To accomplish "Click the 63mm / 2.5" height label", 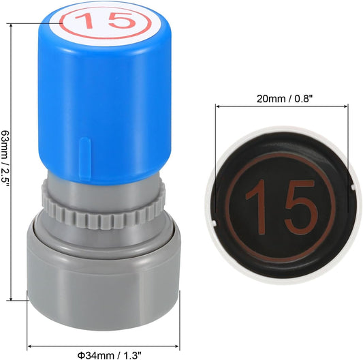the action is [x=5, y=159].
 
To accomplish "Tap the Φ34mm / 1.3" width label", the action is [x=109, y=355].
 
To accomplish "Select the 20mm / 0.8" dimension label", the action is [x=285, y=99].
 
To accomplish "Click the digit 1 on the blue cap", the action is [x=86, y=20].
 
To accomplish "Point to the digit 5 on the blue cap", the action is [x=121, y=20].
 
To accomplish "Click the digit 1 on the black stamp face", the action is [x=256, y=206].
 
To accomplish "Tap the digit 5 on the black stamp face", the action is [x=301, y=207].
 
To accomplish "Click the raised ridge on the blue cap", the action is [x=84, y=158].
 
